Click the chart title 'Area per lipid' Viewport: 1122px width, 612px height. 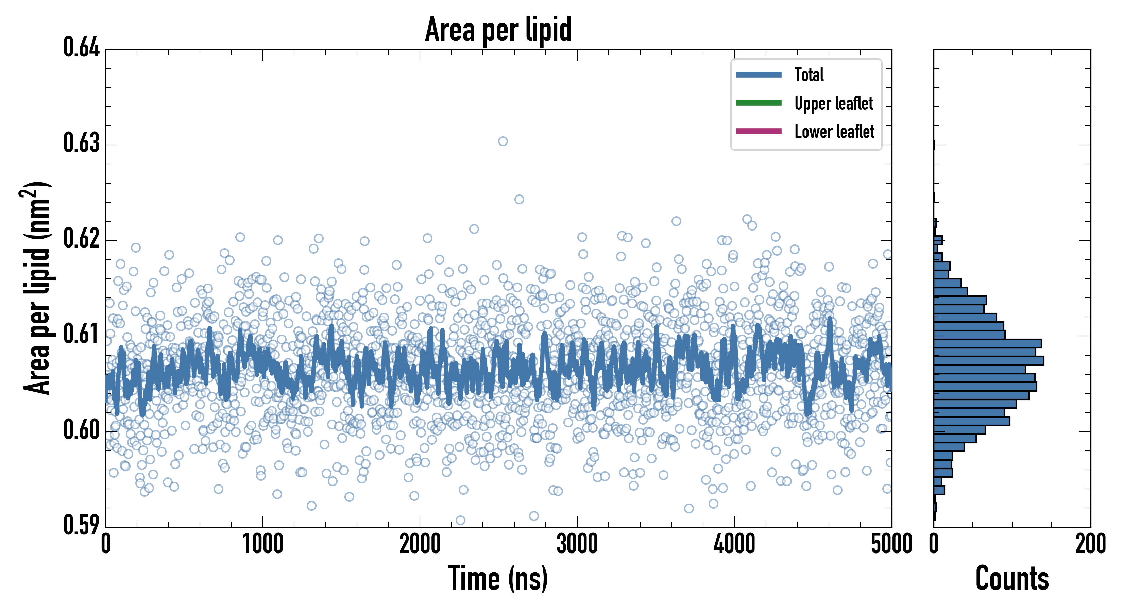pyautogui.click(x=498, y=29)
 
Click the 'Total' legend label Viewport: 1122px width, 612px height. pyautogui.click(x=809, y=75)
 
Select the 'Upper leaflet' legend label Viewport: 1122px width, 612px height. pyautogui.click(x=833, y=103)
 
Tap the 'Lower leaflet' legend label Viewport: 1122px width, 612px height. pyautogui.click(x=834, y=132)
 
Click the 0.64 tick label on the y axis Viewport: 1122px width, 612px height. pyautogui.click(x=82, y=48)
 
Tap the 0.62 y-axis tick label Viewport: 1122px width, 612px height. pyautogui.click(x=82, y=239)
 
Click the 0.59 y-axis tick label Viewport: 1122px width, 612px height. pyautogui.click(x=82, y=525)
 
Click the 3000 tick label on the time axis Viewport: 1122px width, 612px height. pyautogui.click(x=577, y=544)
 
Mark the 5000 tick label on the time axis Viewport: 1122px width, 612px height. pyautogui.click(x=891, y=544)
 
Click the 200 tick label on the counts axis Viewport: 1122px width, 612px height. pyautogui.click(x=1090, y=544)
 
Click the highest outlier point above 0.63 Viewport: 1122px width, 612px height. pyautogui.click(x=503, y=141)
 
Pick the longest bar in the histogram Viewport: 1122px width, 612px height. pyautogui.click(x=989, y=361)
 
